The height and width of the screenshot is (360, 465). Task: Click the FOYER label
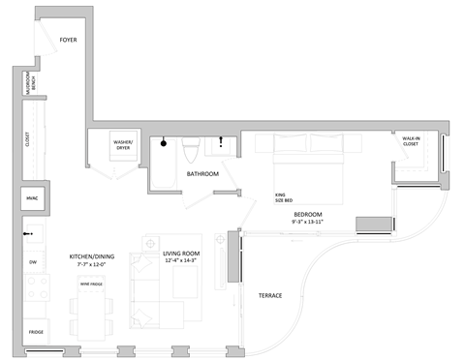[x=68, y=40]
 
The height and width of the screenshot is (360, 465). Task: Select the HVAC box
[x=30, y=199]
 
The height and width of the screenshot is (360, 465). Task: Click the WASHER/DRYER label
[x=123, y=146]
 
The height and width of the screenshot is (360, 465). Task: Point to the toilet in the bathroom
[x=191, y=150]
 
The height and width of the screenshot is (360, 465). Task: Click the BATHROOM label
[x=202, y=174]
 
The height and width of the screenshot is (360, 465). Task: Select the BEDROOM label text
[x=307, y=214]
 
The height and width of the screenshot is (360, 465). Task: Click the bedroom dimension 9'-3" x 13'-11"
[x=307, y=222]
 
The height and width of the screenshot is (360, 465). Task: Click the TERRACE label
[x=269, y=294]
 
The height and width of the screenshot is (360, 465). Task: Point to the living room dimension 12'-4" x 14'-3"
[x=182, y=260]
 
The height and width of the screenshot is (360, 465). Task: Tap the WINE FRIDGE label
[x=91, y=284]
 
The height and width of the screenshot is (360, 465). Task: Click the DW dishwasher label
[x=32, y=262]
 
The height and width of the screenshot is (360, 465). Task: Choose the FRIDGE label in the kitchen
[x=34, y=331]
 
